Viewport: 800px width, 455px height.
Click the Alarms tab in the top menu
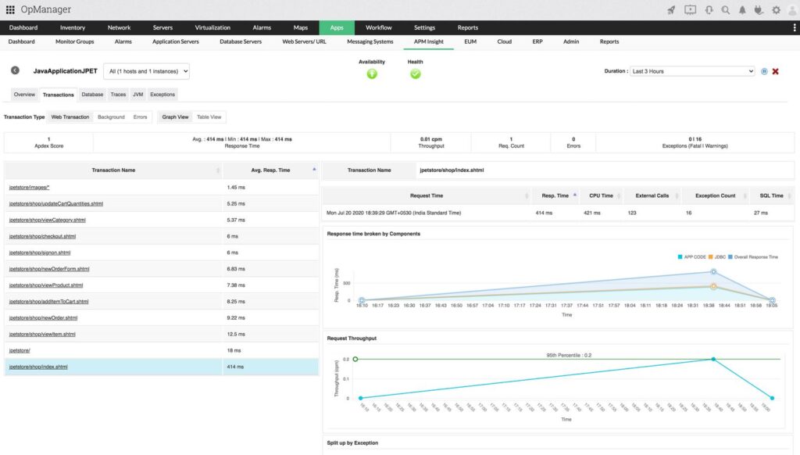pyautogui.click(x=261, y=27)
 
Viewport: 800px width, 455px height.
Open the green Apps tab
pyautogui.click(x=337, y=27)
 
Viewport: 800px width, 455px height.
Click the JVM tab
pyautogui.click(x=137, y=95)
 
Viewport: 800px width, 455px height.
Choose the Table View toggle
pyautogui.click(x=209, y=117)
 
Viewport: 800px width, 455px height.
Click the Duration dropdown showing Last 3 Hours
pyautogui.click(x=692, y=71)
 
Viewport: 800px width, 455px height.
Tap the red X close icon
pyautogui.click(x=776, y=71)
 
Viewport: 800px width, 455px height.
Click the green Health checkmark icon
pyautogui.click(x=416, y=73)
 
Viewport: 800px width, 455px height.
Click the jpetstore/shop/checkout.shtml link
pyautogui.click(x=42, y=236)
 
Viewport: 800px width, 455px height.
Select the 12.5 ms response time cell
pyautogui.click(x=237, y=334)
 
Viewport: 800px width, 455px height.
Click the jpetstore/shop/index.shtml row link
pyautogui.click(x=38, y=367)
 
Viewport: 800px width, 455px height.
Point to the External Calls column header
pyautogui.click(x=652, y=195)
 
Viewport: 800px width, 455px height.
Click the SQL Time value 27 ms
pyautogui.click(x=772, y=213)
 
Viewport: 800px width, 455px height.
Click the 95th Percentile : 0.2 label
pyautogui.click(x=568, y=355)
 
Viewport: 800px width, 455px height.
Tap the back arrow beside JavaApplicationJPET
pyautogui.click(x=15, y=70)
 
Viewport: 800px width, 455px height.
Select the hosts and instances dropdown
pyautogui.click(x=147, y=71)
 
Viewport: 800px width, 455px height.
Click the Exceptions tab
pyautogui.click(x=162, y=95)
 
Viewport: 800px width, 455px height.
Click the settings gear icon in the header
pyautogui.click(x=776, y=10)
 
